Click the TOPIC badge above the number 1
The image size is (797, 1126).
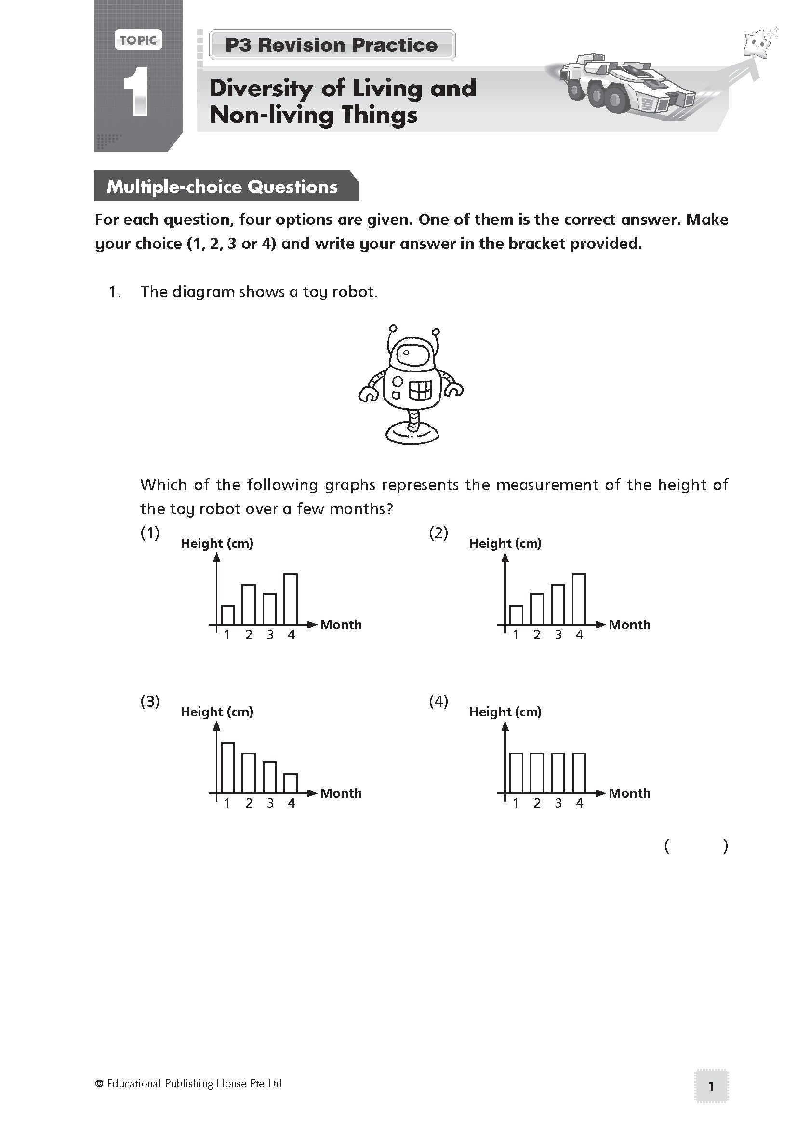coord(138,40)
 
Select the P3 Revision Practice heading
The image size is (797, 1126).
coord(332,45)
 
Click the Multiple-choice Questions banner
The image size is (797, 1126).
coord(222,186)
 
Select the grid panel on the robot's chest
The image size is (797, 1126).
coord(420,390)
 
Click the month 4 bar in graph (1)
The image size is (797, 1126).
coord(291,599)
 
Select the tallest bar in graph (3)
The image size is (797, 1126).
coord(228,767)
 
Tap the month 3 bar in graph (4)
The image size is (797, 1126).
coord(558,773)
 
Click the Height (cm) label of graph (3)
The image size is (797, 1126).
coord(217,712)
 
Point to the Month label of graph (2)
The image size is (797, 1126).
coord(629,625)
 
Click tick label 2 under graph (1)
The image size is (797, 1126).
coord(249,635)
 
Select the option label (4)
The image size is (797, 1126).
coord(438,701)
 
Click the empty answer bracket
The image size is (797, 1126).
coord(696,846)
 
